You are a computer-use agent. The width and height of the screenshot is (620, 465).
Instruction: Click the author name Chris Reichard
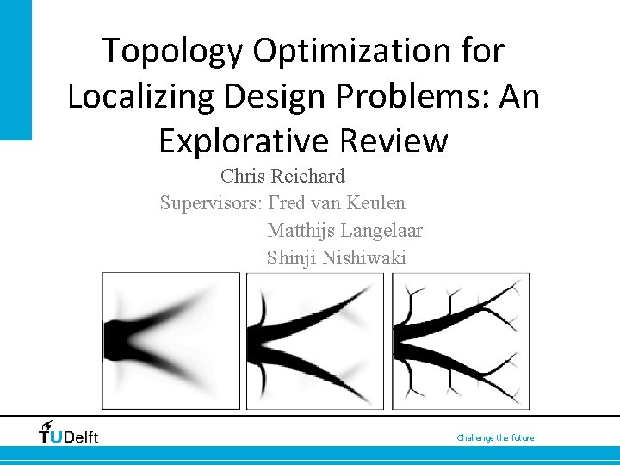tap(282, 177)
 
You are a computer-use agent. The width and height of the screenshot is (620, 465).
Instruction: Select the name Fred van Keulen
tap(337, 203)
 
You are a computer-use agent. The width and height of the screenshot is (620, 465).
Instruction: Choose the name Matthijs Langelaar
tap(344, 230)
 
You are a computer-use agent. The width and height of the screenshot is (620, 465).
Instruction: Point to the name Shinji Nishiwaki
tap(336, 257)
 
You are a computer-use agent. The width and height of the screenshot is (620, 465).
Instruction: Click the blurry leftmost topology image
tap(170, 340)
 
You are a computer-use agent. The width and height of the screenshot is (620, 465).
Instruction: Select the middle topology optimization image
tap(315, 340)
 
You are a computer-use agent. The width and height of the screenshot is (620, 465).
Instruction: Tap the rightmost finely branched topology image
tap(460, 340)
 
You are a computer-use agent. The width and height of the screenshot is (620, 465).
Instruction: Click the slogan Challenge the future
tap(495, 438)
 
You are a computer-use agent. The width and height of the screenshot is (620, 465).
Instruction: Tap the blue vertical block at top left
tap(15, 69)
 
